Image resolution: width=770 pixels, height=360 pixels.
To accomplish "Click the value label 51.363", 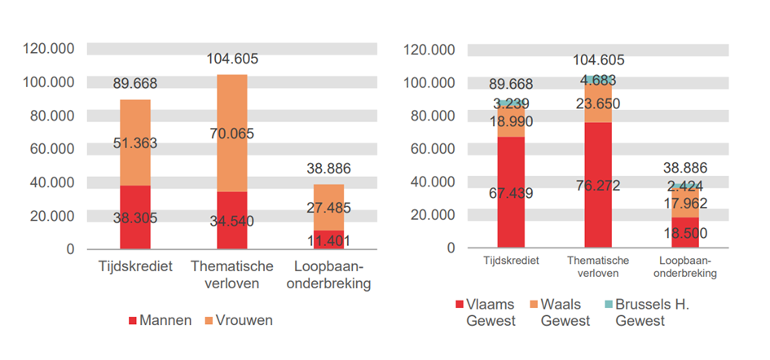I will coord(134,143).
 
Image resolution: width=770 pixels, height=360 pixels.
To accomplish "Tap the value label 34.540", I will coord(231,219).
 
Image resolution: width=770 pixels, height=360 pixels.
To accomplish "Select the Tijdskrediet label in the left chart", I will coord(134,266).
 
